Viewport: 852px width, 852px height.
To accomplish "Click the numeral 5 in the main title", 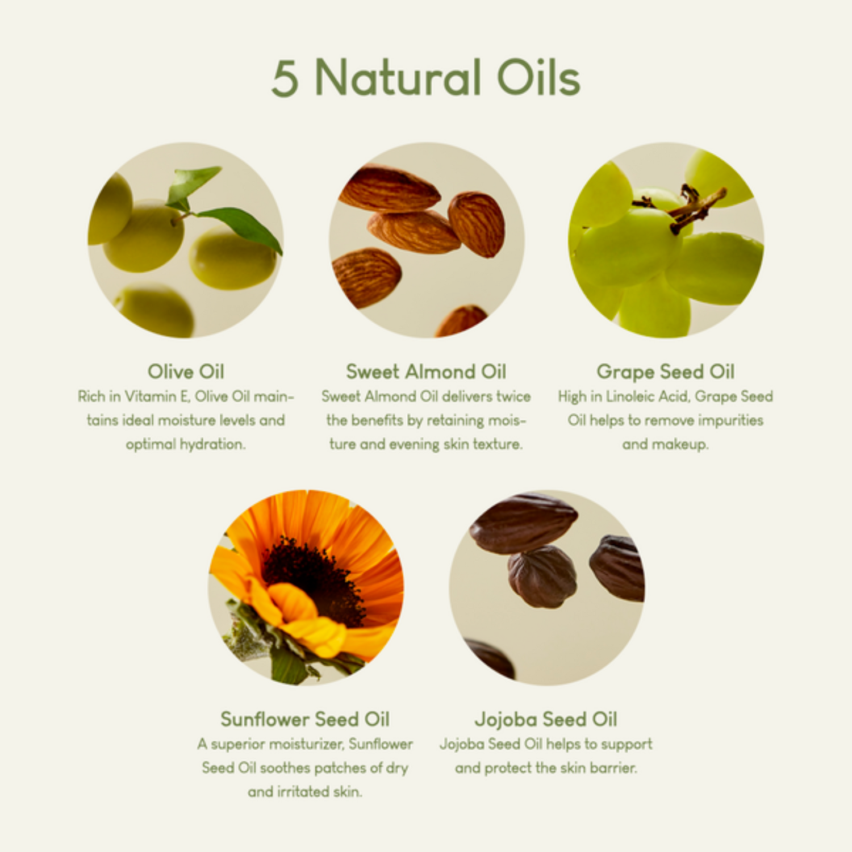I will [285, 78].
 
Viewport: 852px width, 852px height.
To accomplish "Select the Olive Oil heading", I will [186, 371].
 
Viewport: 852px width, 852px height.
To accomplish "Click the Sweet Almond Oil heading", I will [426, 371].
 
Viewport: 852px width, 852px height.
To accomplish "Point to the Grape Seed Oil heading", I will [665, 371].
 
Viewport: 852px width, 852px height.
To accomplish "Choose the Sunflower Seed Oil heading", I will [305, 719].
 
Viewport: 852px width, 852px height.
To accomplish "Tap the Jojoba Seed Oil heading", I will [546, 719].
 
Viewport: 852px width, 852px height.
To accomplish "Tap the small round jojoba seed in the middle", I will [542, 577].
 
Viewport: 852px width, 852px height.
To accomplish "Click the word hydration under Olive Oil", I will [212, 444].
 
